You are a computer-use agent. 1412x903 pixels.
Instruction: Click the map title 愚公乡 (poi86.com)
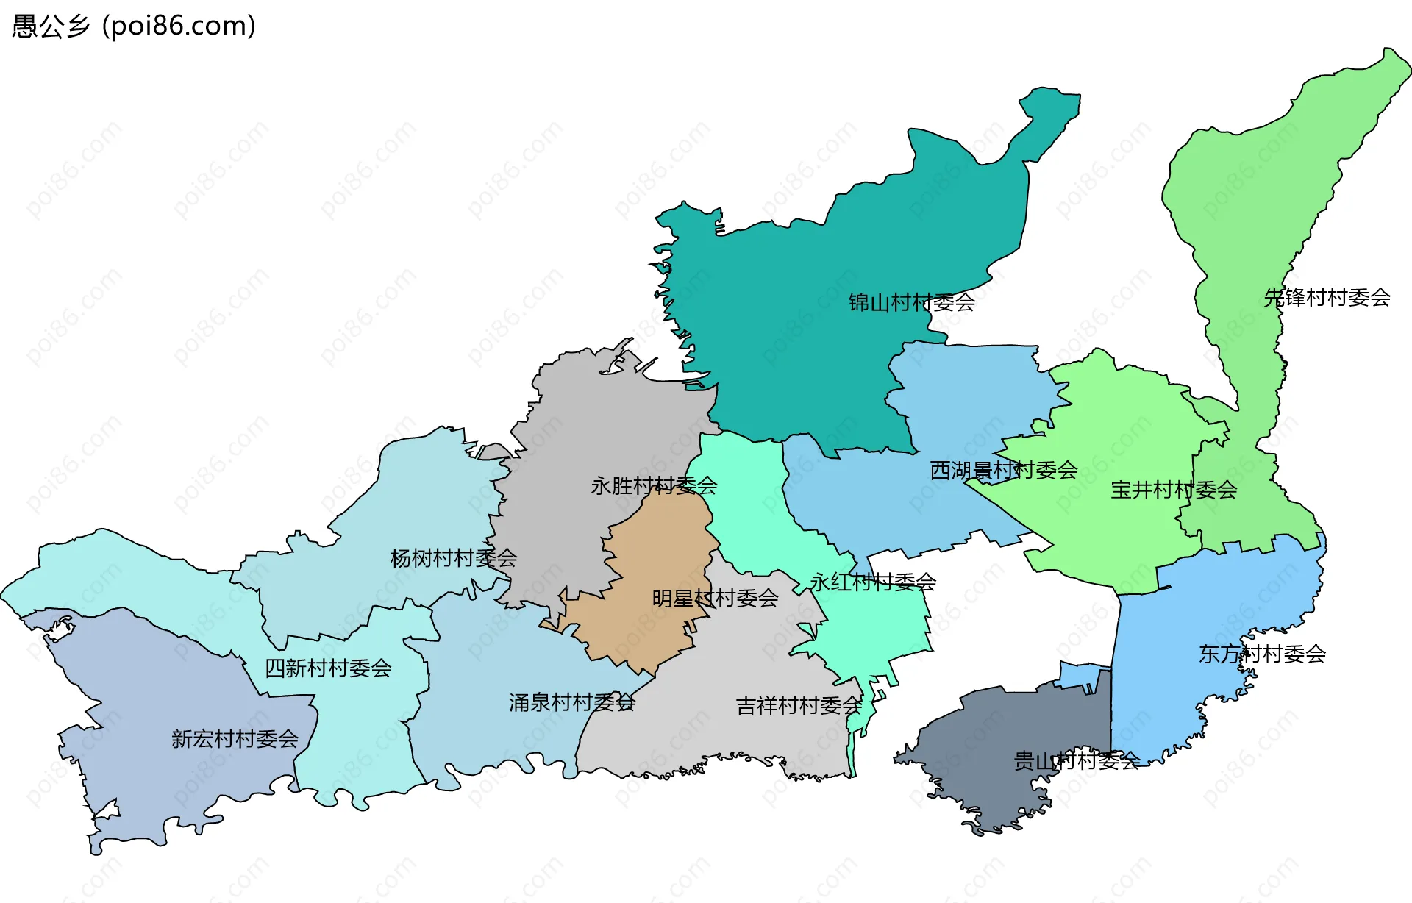[x=134, y=26]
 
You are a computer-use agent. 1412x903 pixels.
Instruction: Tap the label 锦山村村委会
[x=911, y=302]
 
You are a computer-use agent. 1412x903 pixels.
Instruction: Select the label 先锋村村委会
[x=1327, y=297]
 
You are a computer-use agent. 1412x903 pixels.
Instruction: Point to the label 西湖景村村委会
[x=1003, y=470]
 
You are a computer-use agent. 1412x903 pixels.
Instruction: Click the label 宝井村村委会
[x=1173, y=490]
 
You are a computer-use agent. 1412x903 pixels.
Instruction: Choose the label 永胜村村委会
[x=654, y=485]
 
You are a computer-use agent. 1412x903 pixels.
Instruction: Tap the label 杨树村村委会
[x=453, y=558]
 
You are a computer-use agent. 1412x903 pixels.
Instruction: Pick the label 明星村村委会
[x=715, y=598]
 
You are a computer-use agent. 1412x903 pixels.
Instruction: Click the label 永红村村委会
[x=872, y=582]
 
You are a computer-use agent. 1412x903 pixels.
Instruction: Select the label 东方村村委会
[x=1262, y=654]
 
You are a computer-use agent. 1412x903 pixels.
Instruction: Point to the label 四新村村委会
[x=328, y=668]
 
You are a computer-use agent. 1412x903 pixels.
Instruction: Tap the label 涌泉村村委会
[x=571, y=702]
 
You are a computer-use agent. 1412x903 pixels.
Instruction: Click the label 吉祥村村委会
[x=799, y=706]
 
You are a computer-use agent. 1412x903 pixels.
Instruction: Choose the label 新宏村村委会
[x=235, y=738]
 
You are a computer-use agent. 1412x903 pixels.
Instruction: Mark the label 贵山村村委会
[x=1076, y=760]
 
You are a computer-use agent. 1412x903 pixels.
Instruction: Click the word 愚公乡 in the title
[x=50, y=26]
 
